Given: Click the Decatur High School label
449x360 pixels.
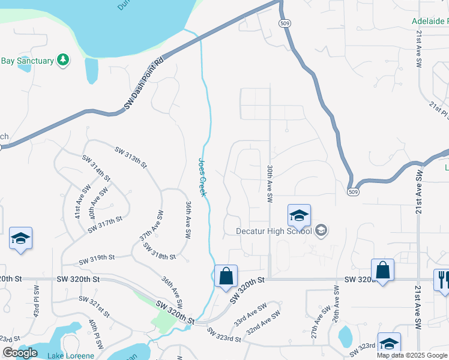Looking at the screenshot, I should (274, 231).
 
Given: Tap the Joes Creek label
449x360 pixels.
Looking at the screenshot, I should (202, 177).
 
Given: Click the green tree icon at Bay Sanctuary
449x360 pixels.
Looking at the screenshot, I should (62, 59).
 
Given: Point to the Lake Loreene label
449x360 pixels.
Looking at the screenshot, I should (71, 356).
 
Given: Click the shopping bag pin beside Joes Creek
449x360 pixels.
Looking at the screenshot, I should (226, 277).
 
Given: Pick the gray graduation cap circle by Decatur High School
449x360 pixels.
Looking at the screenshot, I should (321, 230).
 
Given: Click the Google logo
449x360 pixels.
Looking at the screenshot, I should (20, 353).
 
